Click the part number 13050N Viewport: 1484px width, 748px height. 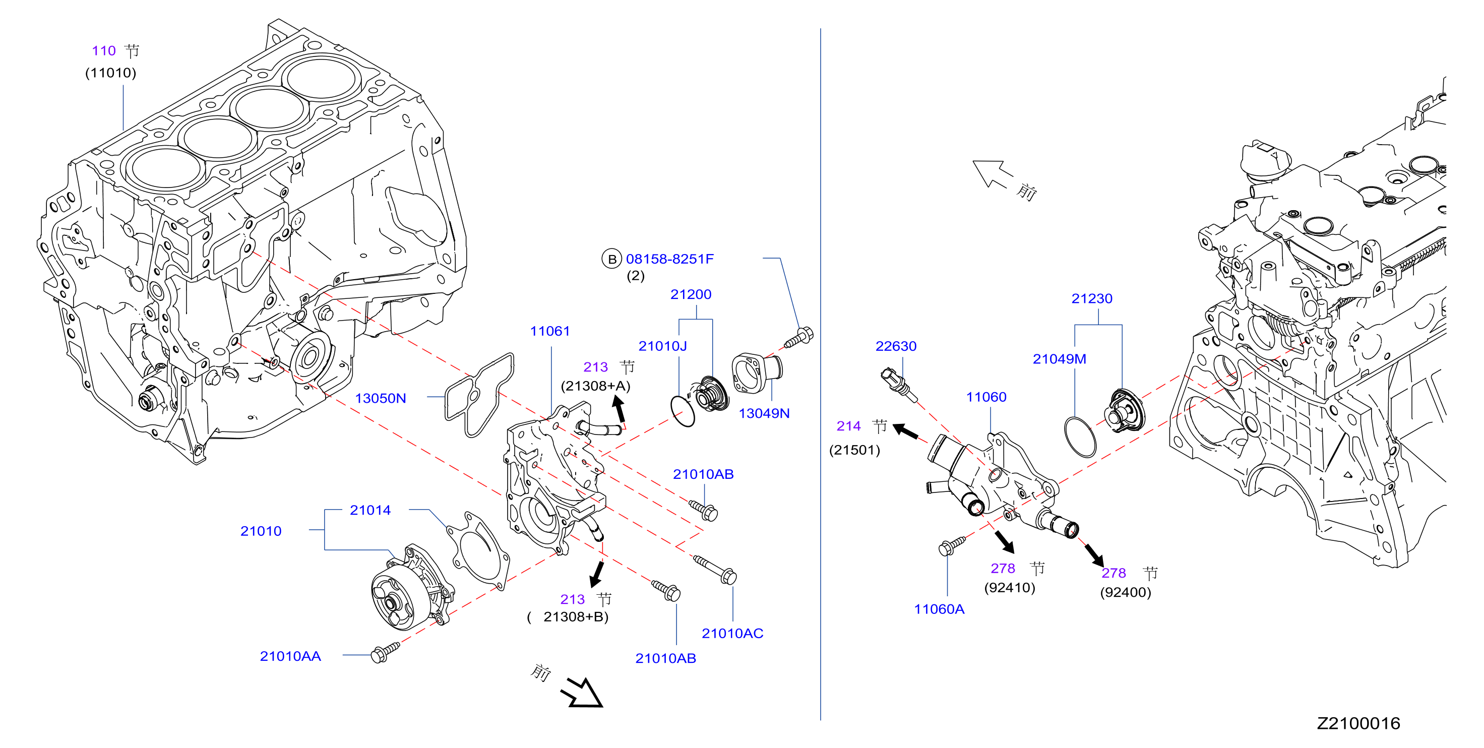tap(380, 398)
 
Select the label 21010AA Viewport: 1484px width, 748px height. tap(290, 656)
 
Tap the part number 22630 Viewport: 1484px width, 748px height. tap(896, 346)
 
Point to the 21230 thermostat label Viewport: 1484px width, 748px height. tap(1092, 298)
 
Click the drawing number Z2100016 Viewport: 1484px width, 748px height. tap(1358, 723)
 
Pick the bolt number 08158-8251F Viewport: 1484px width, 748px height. tap(669, 259)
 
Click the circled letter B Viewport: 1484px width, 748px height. tap(612, 259)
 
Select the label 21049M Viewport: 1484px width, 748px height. tap(1060, 359)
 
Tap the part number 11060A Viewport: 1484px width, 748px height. tap(939, 609)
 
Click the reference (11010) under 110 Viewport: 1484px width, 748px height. tap(110, 73)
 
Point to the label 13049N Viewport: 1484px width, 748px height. tap(764, 413)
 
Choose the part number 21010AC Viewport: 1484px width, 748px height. tap(732, 633)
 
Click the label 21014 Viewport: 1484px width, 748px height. tap(370, 510)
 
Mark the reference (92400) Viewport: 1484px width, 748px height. tap(1125, 592)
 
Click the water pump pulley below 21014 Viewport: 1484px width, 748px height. tap(396, 599)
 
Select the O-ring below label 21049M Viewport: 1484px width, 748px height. tap(1080, 437)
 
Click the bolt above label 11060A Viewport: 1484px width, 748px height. tap(952, 545)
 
